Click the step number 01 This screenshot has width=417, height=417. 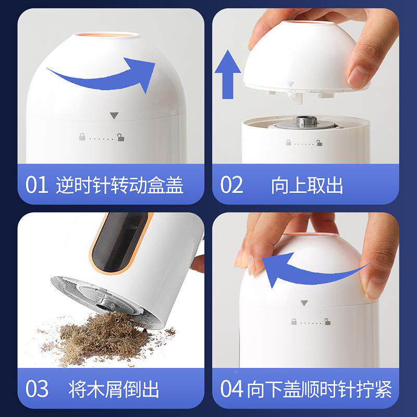tap(36, 185)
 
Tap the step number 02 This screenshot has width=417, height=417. tap(231, 185)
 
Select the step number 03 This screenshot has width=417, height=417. tap(37, 389)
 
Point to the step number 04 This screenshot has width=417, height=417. tap(231, 389)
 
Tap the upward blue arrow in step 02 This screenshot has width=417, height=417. tap(228, 75)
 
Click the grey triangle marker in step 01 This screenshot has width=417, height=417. tap(114, 115)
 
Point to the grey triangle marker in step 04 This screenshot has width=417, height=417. tap(304, 303)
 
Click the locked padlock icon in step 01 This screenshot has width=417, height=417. tap(82, 137)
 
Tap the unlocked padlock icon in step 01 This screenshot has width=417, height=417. tap(120, 137)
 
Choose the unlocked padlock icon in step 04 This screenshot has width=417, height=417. tap(327, 322)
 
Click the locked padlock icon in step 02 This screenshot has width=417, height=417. tap(289, 142)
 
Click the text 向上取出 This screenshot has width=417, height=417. tap(307, 185)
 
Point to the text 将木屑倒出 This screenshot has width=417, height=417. tap(114, 389)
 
